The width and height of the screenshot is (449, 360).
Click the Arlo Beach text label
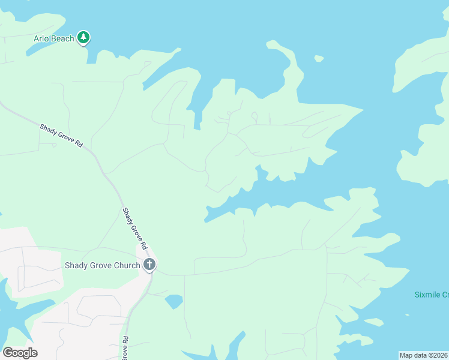click(x=53, y=39)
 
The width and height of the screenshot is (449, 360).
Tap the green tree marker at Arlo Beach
click(x=84, y=38)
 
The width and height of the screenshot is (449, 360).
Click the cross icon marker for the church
click(x=149, y=265)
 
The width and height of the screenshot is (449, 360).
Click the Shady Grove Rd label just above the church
click(x=134, y=229)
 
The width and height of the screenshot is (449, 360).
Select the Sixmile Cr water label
click(x=432, y=295)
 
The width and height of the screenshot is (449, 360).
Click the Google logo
click(x=20, y=353)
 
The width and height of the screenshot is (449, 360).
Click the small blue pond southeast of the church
click(x=174, y=301)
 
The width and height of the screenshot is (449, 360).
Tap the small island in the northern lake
click(x=319, y=59)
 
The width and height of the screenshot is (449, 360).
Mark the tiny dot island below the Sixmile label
click(x=407, y=314)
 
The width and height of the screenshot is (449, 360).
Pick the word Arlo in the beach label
click(x=41, y=39)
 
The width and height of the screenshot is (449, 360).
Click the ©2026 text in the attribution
click(x=438, y=355)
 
